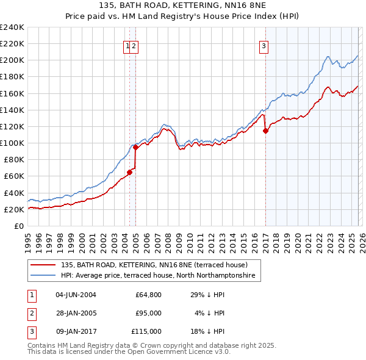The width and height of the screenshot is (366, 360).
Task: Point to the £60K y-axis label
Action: pyautogui.click(x=13, y=176)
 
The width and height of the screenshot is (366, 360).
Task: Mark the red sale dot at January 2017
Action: pyautogui.click(x=266, y=130)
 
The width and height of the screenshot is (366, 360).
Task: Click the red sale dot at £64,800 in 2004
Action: pyautogui.click(x=130, y=172)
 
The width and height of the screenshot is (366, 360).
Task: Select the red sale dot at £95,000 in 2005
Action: pyautogui.click(x=135, y=146)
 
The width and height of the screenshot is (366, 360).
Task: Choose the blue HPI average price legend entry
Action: pyautogui.click(x=160, y=276)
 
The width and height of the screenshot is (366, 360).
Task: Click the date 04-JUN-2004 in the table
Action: pyautogui.click(x=76, y=295)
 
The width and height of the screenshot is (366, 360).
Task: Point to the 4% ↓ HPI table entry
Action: pyautogui.click(x=210, y=313)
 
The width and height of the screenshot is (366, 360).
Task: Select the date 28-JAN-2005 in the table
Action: pyautogui.click(x=76, y=313)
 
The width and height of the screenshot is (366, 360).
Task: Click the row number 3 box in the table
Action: pyautogui.click(x=30, y=331)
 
